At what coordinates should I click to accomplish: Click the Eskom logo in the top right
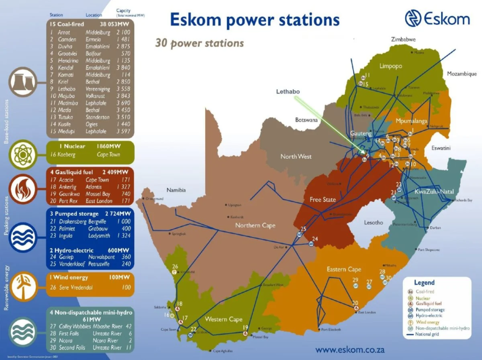pos(437,18)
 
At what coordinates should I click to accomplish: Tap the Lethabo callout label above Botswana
pos(288,91)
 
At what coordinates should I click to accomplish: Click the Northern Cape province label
pos(255,225)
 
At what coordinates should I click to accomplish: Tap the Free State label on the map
pos(322,200)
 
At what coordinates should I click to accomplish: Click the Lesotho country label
pos(374,222)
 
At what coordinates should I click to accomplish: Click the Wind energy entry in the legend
pos(427,322)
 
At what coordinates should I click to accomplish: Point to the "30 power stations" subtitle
pos(200,43)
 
